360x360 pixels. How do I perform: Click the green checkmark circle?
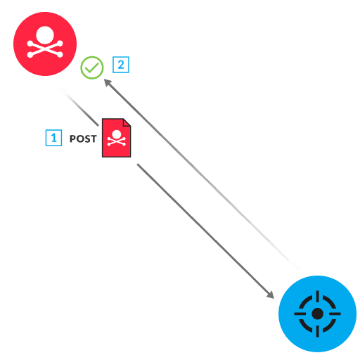point(92,67)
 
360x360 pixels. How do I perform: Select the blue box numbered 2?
point(122,65)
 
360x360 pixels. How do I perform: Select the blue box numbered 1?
point(53,138)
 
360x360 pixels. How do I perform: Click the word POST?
point(83,139)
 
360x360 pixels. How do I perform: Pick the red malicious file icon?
point(116,137)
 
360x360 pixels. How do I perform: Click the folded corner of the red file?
point(127,122)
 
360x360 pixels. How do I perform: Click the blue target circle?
point(317,313)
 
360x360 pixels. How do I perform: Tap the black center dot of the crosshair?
point(317,313)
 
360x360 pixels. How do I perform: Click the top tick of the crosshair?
point(317,295)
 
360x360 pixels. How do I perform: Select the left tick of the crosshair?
point(299,313)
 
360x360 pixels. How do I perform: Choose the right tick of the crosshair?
point(335,313)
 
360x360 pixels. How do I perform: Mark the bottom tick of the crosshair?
point(317,331)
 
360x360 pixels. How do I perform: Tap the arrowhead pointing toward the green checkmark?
point(108,82)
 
